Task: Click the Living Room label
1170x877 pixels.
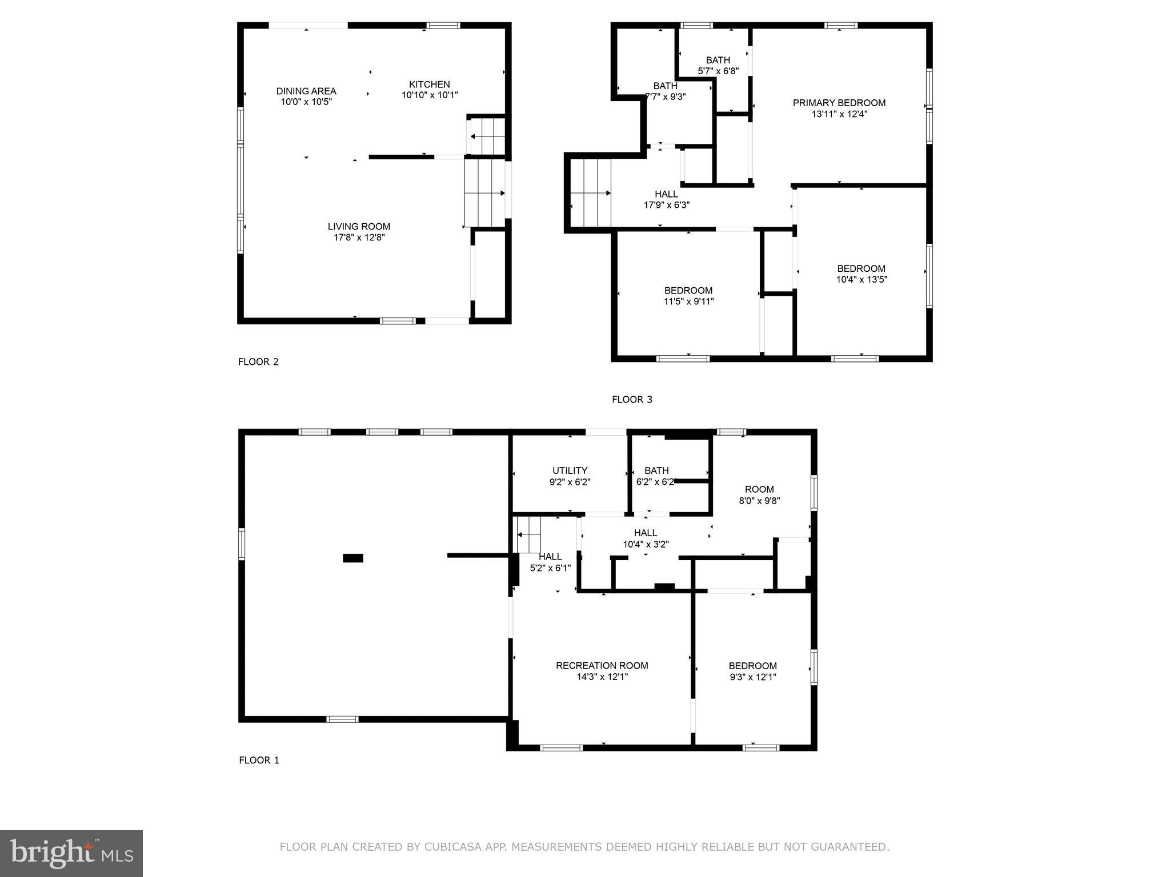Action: coord(359,227)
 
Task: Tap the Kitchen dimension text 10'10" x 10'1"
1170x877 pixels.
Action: coord(430,95)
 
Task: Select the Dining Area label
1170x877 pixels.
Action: coord(306,91)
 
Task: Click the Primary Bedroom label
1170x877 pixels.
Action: coord(839,103)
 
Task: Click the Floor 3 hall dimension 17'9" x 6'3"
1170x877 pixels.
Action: coord(667,205)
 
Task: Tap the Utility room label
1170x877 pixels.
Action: coord(570,470)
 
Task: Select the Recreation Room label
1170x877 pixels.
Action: coord(602,665)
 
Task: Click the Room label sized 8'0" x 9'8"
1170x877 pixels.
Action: coord(759,489)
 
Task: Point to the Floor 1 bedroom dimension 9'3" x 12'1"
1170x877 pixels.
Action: coord(752,677)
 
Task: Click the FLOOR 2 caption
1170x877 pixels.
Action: coord(258,361)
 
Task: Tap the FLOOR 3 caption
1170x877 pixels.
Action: coord(632,400)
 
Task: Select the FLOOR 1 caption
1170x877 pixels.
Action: coord(259,760)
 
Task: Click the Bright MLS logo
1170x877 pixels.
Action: coord(71,853)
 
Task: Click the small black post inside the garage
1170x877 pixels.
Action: coord(352,558)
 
